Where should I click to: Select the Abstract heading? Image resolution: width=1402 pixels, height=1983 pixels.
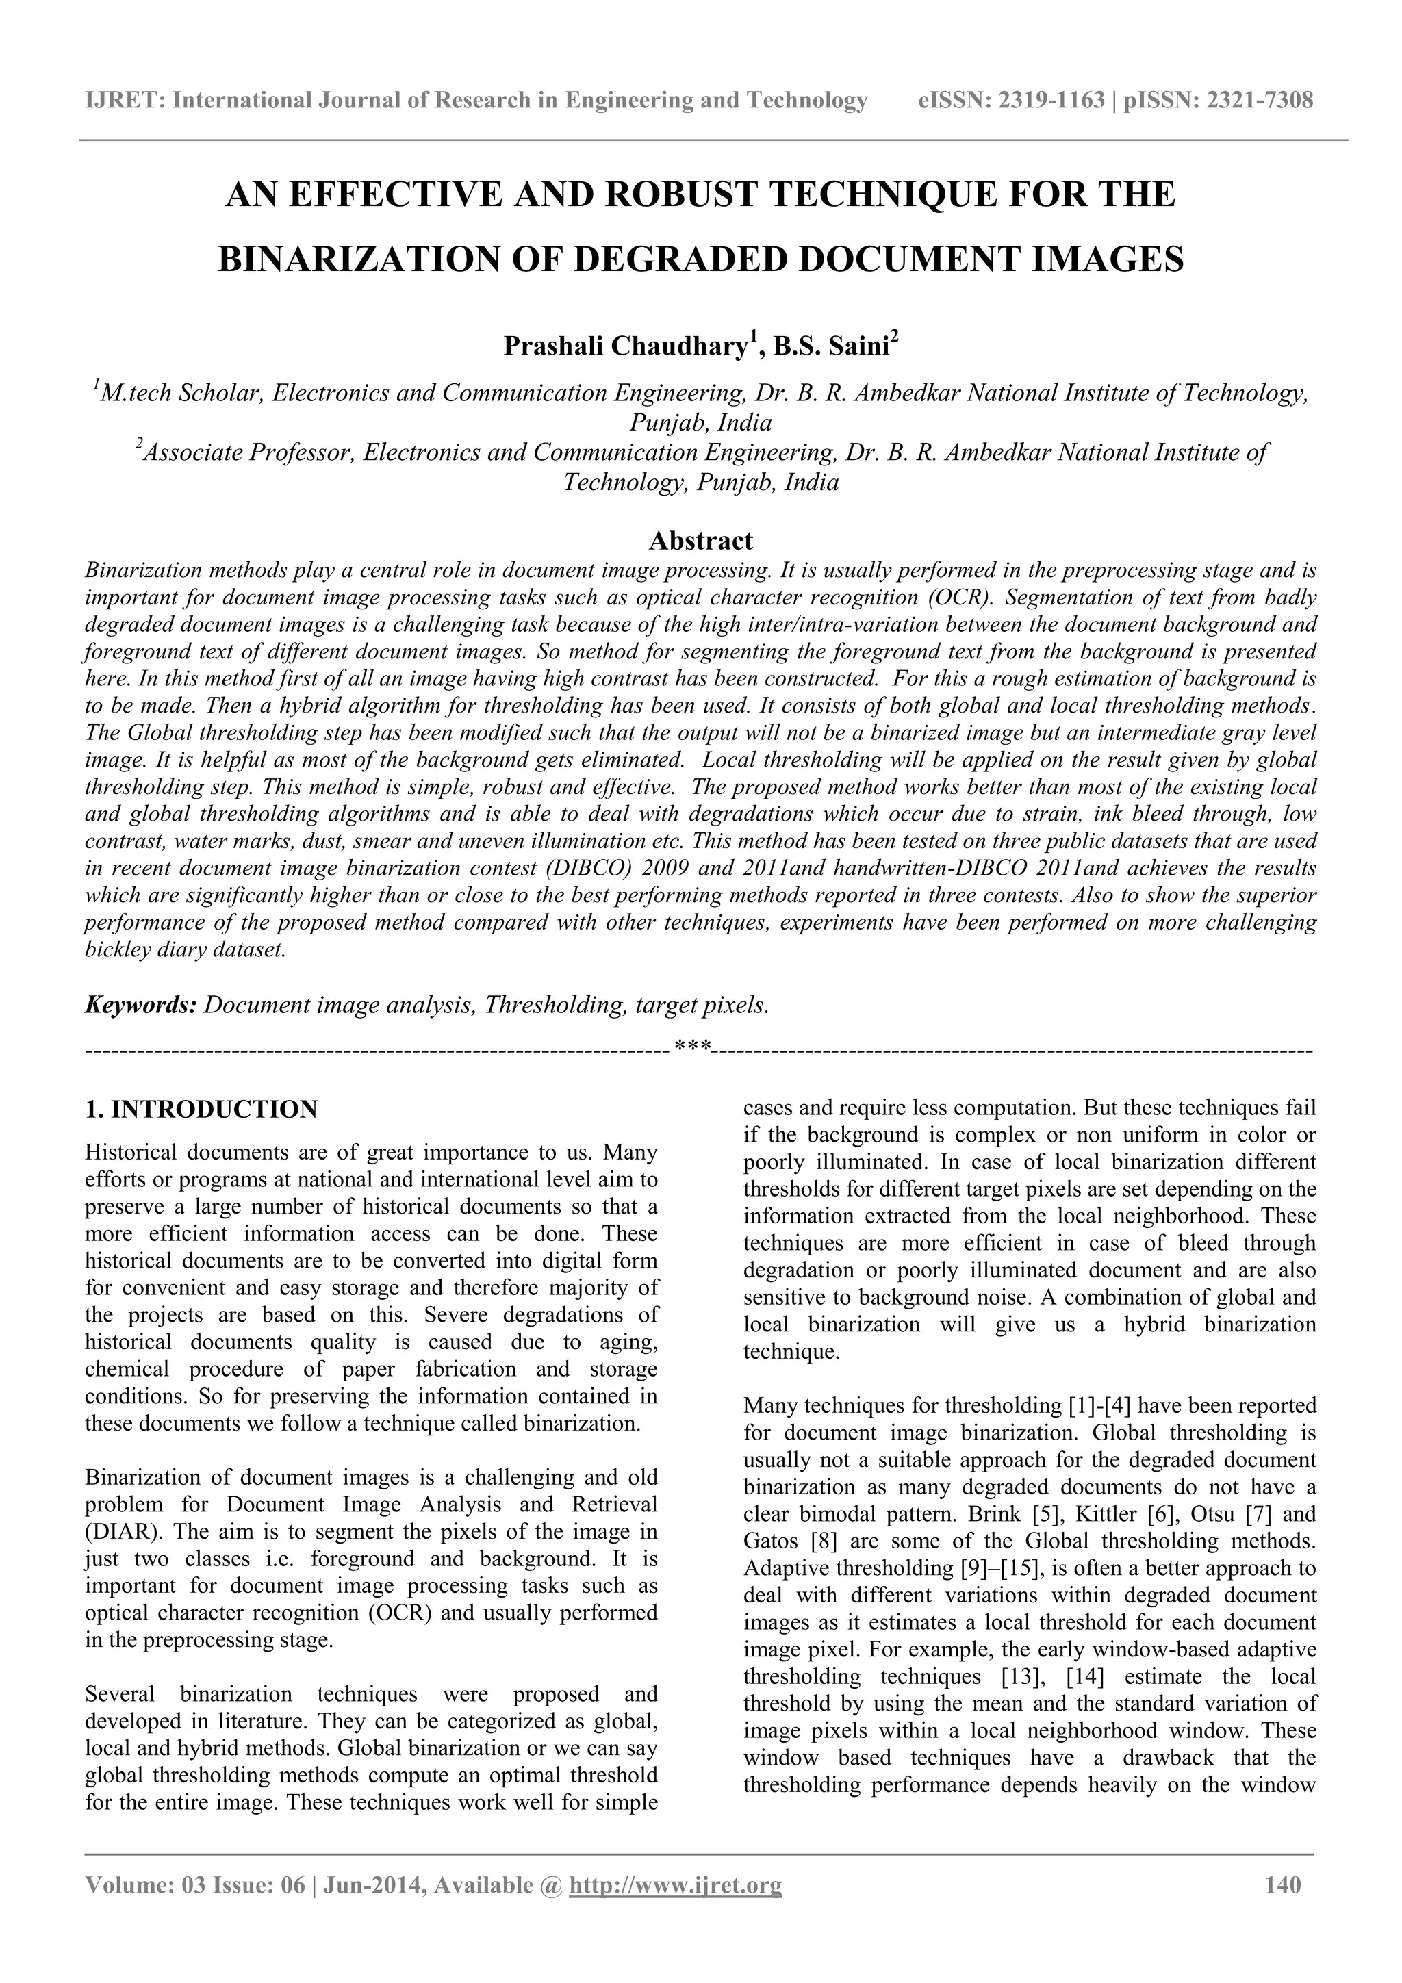[700, 541]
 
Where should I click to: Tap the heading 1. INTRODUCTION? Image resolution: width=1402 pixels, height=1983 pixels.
[201, 1109]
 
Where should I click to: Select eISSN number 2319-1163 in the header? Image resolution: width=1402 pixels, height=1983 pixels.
[1051, 101]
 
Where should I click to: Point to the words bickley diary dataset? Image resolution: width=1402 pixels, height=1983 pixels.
[185, 950]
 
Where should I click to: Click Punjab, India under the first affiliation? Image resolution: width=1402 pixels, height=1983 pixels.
[700, 423]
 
